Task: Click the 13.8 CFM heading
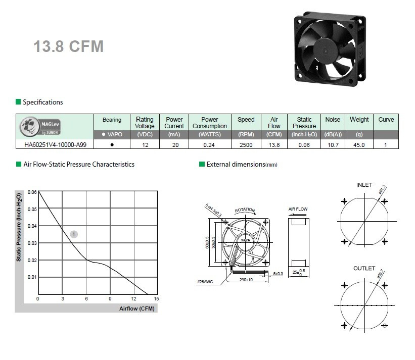pos(68,46)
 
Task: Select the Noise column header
pos(333,120)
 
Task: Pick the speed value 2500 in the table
pos(246,144)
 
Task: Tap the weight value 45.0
pos(359,144)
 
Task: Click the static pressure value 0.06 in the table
pos(304,144)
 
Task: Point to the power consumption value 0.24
pos(209,144)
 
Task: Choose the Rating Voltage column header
pos(145,123)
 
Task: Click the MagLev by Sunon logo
pos(40,126)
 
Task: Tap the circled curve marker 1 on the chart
pos(74,234)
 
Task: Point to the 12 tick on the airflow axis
pos(133,299)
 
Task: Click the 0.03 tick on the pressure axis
pos(32,243)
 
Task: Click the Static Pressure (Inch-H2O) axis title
pos(19,227)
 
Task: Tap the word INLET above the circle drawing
pos(364,185)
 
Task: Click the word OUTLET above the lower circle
pos(364,268)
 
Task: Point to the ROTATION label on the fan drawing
pos(245,210)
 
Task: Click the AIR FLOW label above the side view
pos(298,209)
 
